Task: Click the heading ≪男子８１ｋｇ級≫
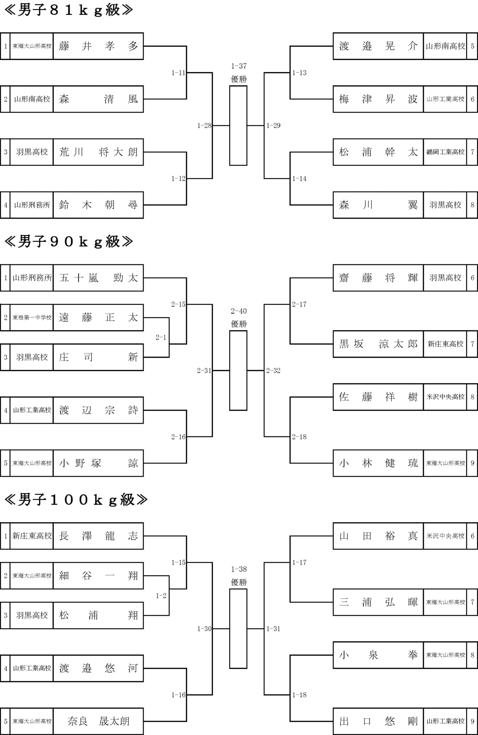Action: point(69,10)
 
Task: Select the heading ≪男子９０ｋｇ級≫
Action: point(69,242)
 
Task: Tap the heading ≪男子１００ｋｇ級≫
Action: point(76,500)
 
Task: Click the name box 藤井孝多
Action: point(98,46)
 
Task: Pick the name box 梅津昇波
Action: point(378,99)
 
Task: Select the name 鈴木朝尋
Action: point(98,205)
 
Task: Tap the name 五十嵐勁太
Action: point(98,278)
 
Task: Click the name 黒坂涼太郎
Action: point(378,344)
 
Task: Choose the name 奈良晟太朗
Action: point(98,721)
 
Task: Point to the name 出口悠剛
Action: point(378,721)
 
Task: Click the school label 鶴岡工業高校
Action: point(445,152)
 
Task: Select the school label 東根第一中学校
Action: point(32,318)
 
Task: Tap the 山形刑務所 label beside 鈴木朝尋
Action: point(32,205)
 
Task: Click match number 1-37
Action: point(239,66)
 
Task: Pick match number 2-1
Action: point(161,337)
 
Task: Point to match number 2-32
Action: point(273,370)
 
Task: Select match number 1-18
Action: point(300,695)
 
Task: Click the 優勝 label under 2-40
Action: point(239,324)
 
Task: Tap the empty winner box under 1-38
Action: point(238,629)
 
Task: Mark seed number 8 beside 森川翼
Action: point(472,205)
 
